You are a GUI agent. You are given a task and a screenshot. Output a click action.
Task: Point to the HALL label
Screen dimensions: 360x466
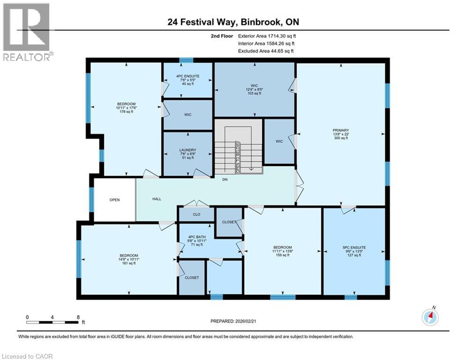[x=157, y=199]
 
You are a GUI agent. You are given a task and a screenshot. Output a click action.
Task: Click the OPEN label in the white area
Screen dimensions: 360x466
[x=115, y=200]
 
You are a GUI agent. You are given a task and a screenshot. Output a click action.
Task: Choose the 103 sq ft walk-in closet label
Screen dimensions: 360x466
[x=254, y=89]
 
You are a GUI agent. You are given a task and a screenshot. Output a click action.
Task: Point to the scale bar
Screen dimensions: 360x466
[x=52, y=322]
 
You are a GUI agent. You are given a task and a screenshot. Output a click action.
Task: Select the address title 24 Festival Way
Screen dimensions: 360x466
[x=233, y=22]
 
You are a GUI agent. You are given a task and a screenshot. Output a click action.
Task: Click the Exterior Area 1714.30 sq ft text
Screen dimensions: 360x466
[x=267, y=36]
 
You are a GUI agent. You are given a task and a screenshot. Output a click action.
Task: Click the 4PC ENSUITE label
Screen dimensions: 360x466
[x=187, y=80]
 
